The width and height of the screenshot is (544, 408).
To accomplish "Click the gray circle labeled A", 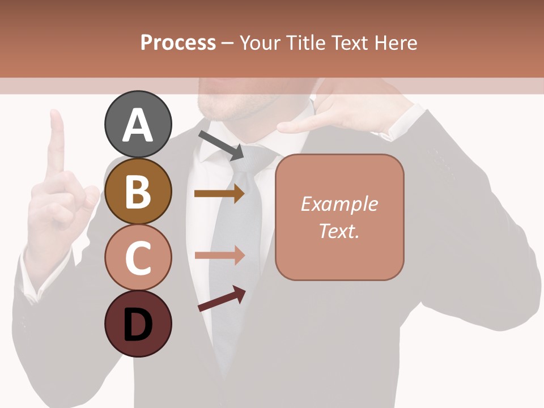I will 138,124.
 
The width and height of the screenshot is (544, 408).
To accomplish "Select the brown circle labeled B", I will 138,191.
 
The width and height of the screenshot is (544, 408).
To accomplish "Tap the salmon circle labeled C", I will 138,257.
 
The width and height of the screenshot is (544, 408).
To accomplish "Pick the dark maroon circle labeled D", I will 138,324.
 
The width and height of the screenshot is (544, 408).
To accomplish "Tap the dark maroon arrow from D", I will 222,299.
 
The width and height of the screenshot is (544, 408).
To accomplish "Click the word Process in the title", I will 178,42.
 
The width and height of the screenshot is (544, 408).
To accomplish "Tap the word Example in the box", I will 339,204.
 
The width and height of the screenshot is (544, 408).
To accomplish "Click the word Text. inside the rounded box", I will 339,231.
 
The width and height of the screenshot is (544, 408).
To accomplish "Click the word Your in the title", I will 260,42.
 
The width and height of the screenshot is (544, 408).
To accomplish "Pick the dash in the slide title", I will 228,43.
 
